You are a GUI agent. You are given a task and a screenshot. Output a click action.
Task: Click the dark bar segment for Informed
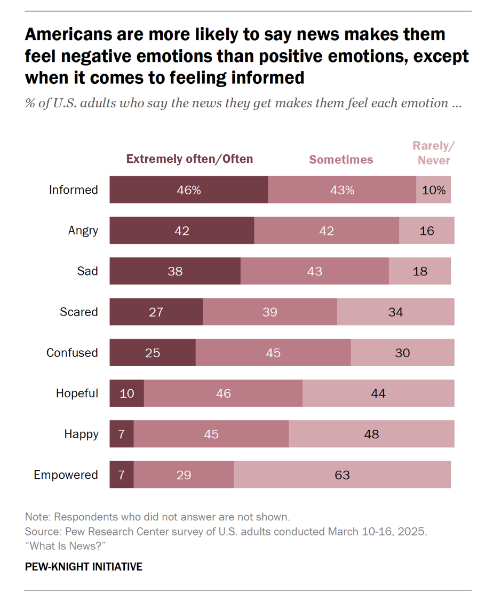coord(189,190)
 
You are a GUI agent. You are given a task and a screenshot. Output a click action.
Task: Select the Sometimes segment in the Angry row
coord(327,231)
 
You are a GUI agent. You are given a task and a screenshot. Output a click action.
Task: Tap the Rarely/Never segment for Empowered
coord(342,475)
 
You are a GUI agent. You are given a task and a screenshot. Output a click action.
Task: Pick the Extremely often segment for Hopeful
coord(127,393)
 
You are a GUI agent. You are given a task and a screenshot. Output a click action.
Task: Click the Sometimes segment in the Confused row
coord(273,353)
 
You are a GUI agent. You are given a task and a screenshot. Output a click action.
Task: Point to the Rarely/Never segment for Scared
coord(395,312)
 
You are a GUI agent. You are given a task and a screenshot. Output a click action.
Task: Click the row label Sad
coord(88,271)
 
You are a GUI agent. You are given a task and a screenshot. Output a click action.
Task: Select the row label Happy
coord(81,434)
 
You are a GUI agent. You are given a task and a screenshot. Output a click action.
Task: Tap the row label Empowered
coord(66,475)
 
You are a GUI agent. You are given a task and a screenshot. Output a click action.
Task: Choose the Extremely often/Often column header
coord(189,159)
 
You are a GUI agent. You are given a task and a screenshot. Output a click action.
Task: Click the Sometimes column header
coord(341,160)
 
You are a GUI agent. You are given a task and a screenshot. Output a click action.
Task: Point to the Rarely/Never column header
coord(434,153)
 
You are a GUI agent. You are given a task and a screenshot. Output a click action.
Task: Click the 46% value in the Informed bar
coord(189,190)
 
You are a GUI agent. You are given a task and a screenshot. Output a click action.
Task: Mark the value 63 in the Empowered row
coord(342,475)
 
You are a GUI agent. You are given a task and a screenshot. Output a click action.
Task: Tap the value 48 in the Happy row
coord(371,434)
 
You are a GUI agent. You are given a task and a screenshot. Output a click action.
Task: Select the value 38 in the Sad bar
coord(175,271)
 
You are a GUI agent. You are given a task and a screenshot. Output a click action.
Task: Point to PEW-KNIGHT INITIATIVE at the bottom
coord(84,566)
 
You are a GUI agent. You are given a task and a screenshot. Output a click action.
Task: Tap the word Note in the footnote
coord(37,517)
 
